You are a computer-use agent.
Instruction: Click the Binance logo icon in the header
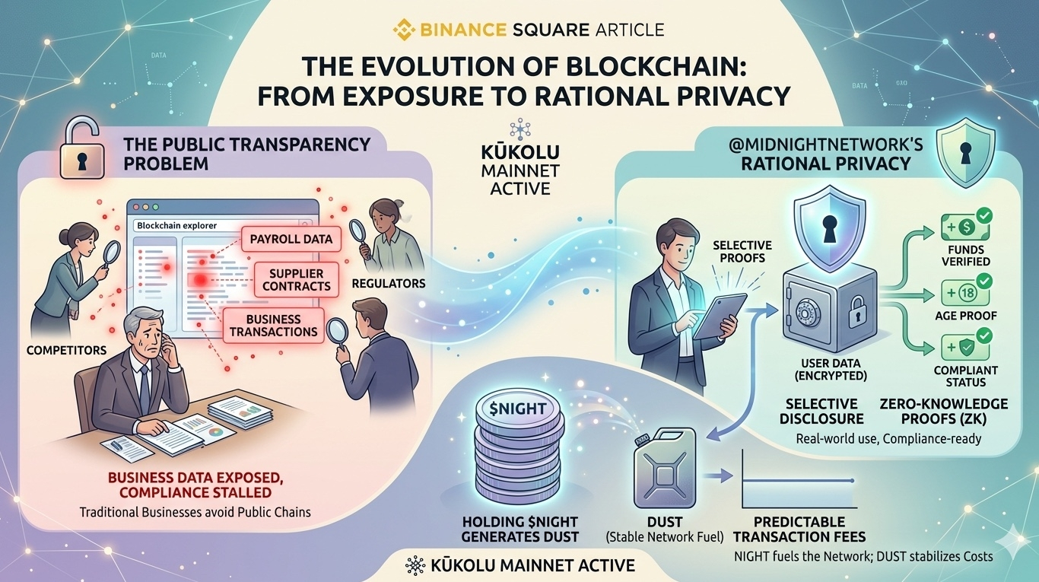tap(403, 30)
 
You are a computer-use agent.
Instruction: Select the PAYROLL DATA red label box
tap(291, 239)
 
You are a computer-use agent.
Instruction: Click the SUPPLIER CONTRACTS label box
tap(296, 279)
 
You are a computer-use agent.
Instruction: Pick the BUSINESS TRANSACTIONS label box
tap(273, 326)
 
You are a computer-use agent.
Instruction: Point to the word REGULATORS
tap(388, 284)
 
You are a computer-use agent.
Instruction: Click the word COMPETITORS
tap(65, 350)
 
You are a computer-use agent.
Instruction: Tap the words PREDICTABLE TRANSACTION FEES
tap(799, 530)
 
